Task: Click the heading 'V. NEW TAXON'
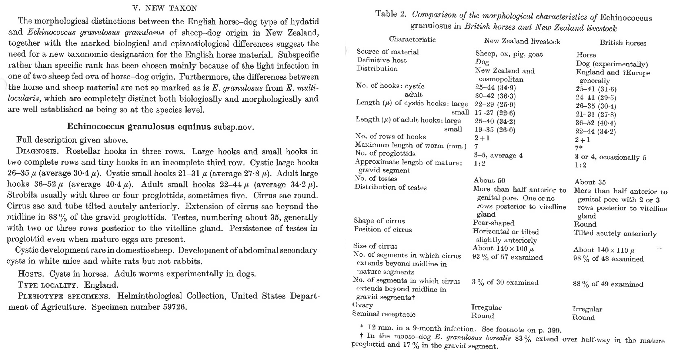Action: pyautogui.click(x=165, y=8)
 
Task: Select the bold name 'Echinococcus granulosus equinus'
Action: pyautogui.click(x=139, y=127)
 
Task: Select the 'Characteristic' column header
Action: pyautogui.click(x=412, y=39)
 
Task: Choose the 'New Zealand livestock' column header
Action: pyautogui.click(x=522, y=41)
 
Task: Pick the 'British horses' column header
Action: pyautogui.click(x=623, y=43)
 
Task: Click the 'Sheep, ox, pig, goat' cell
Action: pyautogui.click(x=509, y=54)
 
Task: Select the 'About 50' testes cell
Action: pyautogui.click(x=489, y=181)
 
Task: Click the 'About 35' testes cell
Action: pyautogui.click(x=590, y=182)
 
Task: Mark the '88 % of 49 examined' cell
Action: pyautogui.click(x=608, y=284)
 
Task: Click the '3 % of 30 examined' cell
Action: pyautogui.click(x=505, y=283)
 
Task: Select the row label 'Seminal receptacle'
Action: pyautogui.click(x=384, y=314)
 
